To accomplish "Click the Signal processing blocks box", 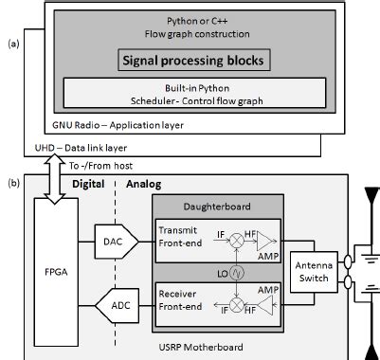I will pos(192,62).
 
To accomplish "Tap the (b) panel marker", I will pos(12,182).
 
